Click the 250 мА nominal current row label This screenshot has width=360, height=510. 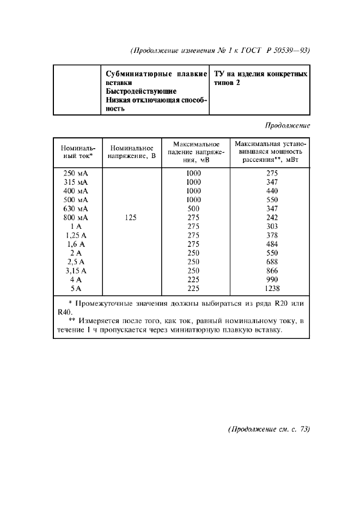[76, 173]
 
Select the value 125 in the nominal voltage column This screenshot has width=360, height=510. [130, 217]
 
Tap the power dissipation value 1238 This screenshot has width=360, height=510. [272, 288]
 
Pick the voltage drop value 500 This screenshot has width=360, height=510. [193, 209]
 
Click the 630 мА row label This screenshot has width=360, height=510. [76, 209]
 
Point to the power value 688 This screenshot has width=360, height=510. [272, 262]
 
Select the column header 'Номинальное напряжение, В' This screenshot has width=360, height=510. [131, 151]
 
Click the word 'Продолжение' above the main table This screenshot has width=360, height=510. [287, 125]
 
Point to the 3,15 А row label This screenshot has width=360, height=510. [76, 270]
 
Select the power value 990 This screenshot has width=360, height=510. [272, 280]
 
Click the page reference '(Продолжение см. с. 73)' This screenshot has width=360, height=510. [269, 429]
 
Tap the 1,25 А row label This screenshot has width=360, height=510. [76, 235]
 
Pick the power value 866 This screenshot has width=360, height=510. [272, 270]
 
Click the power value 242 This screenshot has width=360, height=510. [272, 217]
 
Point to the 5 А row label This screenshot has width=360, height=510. [76, 288]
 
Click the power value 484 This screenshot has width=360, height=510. [272, 244]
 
